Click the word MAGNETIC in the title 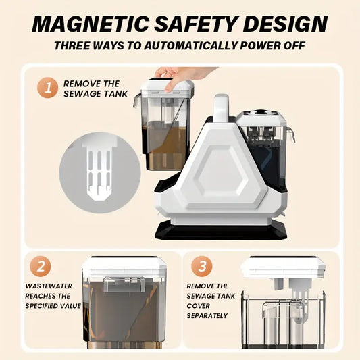(91, 24)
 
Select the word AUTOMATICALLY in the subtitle (190, 45)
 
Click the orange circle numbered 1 (47, 88)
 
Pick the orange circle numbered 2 (40, 267)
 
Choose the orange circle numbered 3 (201, 267)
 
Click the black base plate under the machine (221, 230)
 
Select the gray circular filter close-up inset (100, 172)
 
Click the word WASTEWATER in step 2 (49, 286)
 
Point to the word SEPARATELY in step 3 (207, 315)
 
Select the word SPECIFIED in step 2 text (42, 306)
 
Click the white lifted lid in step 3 (284, 267)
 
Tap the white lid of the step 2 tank (124, 268)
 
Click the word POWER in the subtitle (261, 45)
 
